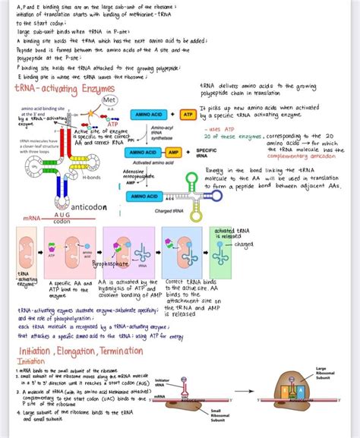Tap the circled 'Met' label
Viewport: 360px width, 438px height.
pyautogui.click(x=109, y=100)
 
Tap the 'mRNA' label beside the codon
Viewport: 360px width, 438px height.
pyautogui.click(x=32, y=219)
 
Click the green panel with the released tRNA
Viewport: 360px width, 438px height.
pyautogui.click(x=226, y=253)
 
